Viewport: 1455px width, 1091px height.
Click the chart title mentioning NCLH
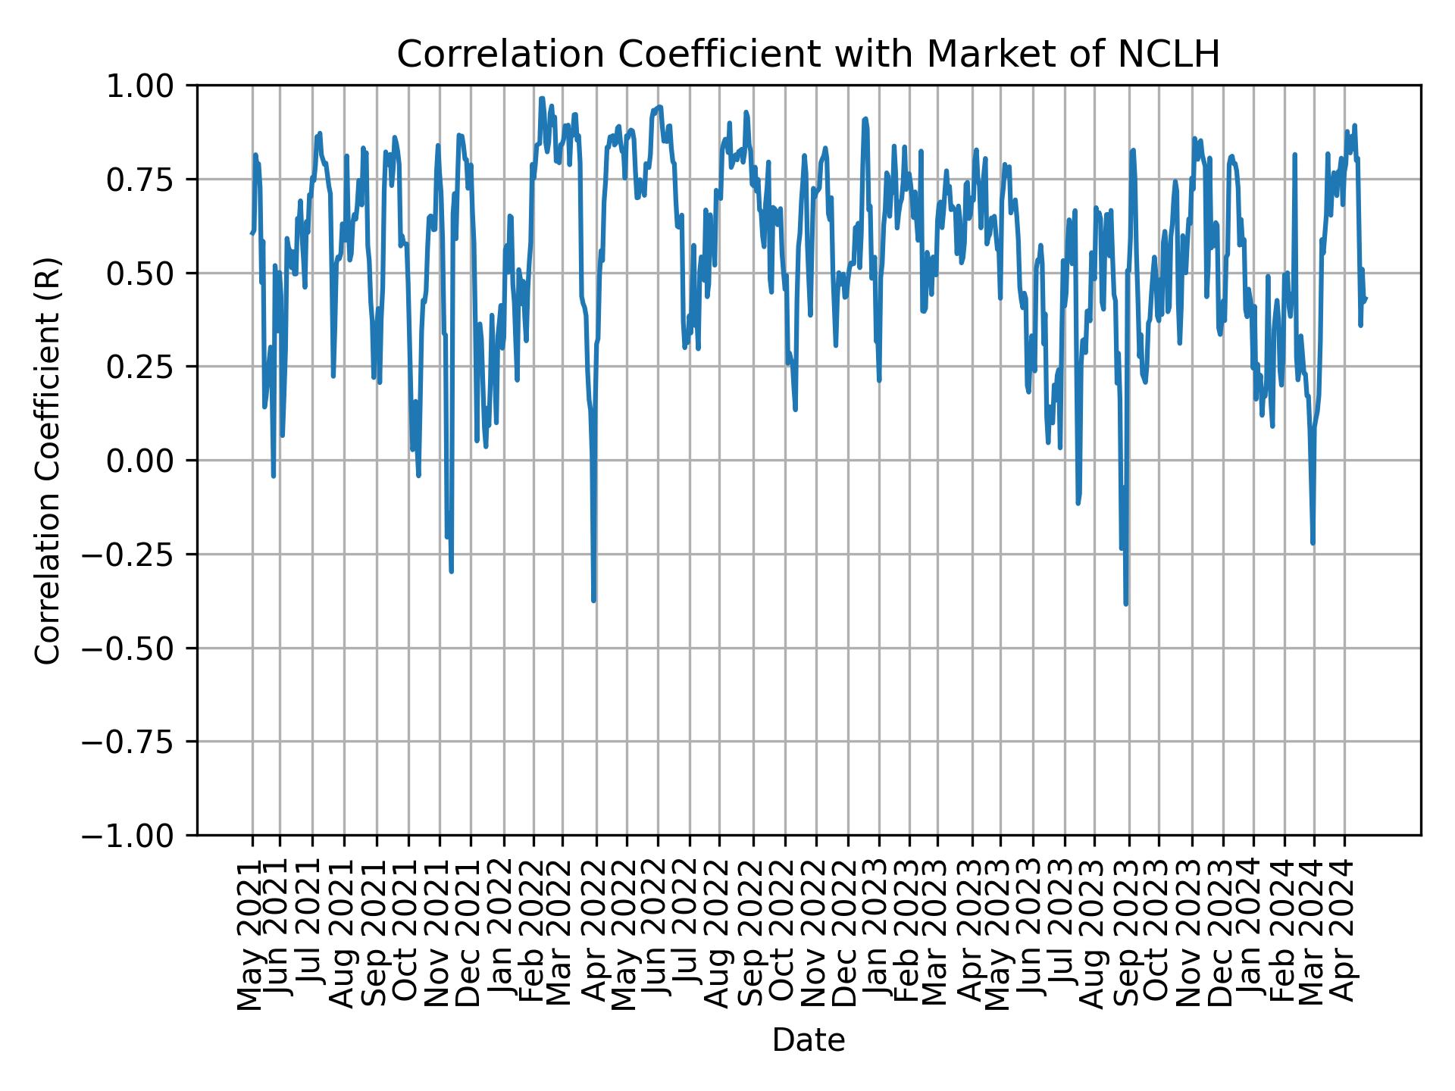(x=808, y=55)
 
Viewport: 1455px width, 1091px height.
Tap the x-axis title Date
(x=808, y=1041)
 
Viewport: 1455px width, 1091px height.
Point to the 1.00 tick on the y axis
(x=149, y=86)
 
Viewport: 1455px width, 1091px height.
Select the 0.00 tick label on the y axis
(x=149, y=461)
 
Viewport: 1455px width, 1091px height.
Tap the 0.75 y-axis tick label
(x=149, y=180)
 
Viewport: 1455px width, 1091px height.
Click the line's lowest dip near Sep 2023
(x=1125, y=604)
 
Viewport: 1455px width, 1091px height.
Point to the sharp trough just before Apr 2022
(x=593, y=601)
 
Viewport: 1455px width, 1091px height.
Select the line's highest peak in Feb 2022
(x=541, y=98)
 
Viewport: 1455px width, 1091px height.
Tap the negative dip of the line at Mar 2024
(x=1313, y=543)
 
